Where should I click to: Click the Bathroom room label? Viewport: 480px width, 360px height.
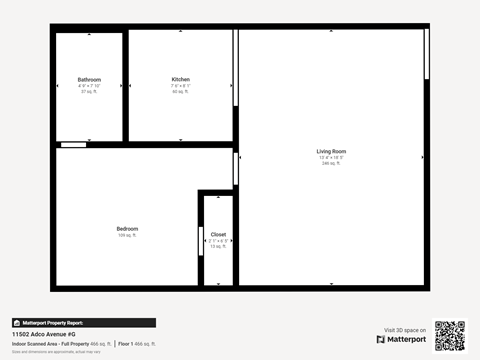[x=89, y=79]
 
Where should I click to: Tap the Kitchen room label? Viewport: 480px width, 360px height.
[x=180, y=79]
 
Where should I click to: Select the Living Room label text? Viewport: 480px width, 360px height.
[x=331, y=151]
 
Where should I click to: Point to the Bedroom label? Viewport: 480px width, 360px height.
[x=127, y=228]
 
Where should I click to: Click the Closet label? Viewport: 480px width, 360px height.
[x=218, y=234]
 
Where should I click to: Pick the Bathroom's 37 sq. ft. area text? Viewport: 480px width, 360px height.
[x=89, y=91]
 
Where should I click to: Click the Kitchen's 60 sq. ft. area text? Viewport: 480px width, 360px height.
[x=180, y=91]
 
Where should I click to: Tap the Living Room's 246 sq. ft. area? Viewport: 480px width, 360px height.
[x=331, y=163]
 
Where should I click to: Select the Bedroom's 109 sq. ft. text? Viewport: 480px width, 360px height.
[x=127, y=235]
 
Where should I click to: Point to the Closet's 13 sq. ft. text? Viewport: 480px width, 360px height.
[x=218, y=246]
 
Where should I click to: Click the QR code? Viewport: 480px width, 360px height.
[x=449, y=336]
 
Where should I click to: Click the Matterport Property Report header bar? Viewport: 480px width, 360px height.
[x=83, y=323]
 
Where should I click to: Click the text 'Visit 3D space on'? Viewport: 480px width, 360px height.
[x=406, y=330]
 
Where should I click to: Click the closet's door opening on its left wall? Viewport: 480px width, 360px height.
[x=201, y=241]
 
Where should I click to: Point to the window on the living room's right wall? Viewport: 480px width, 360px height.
[x=426, y=55]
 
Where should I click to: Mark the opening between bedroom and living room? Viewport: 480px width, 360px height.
[x=235, y=167]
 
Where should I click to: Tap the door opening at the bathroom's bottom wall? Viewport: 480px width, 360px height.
[x=72, y=145]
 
